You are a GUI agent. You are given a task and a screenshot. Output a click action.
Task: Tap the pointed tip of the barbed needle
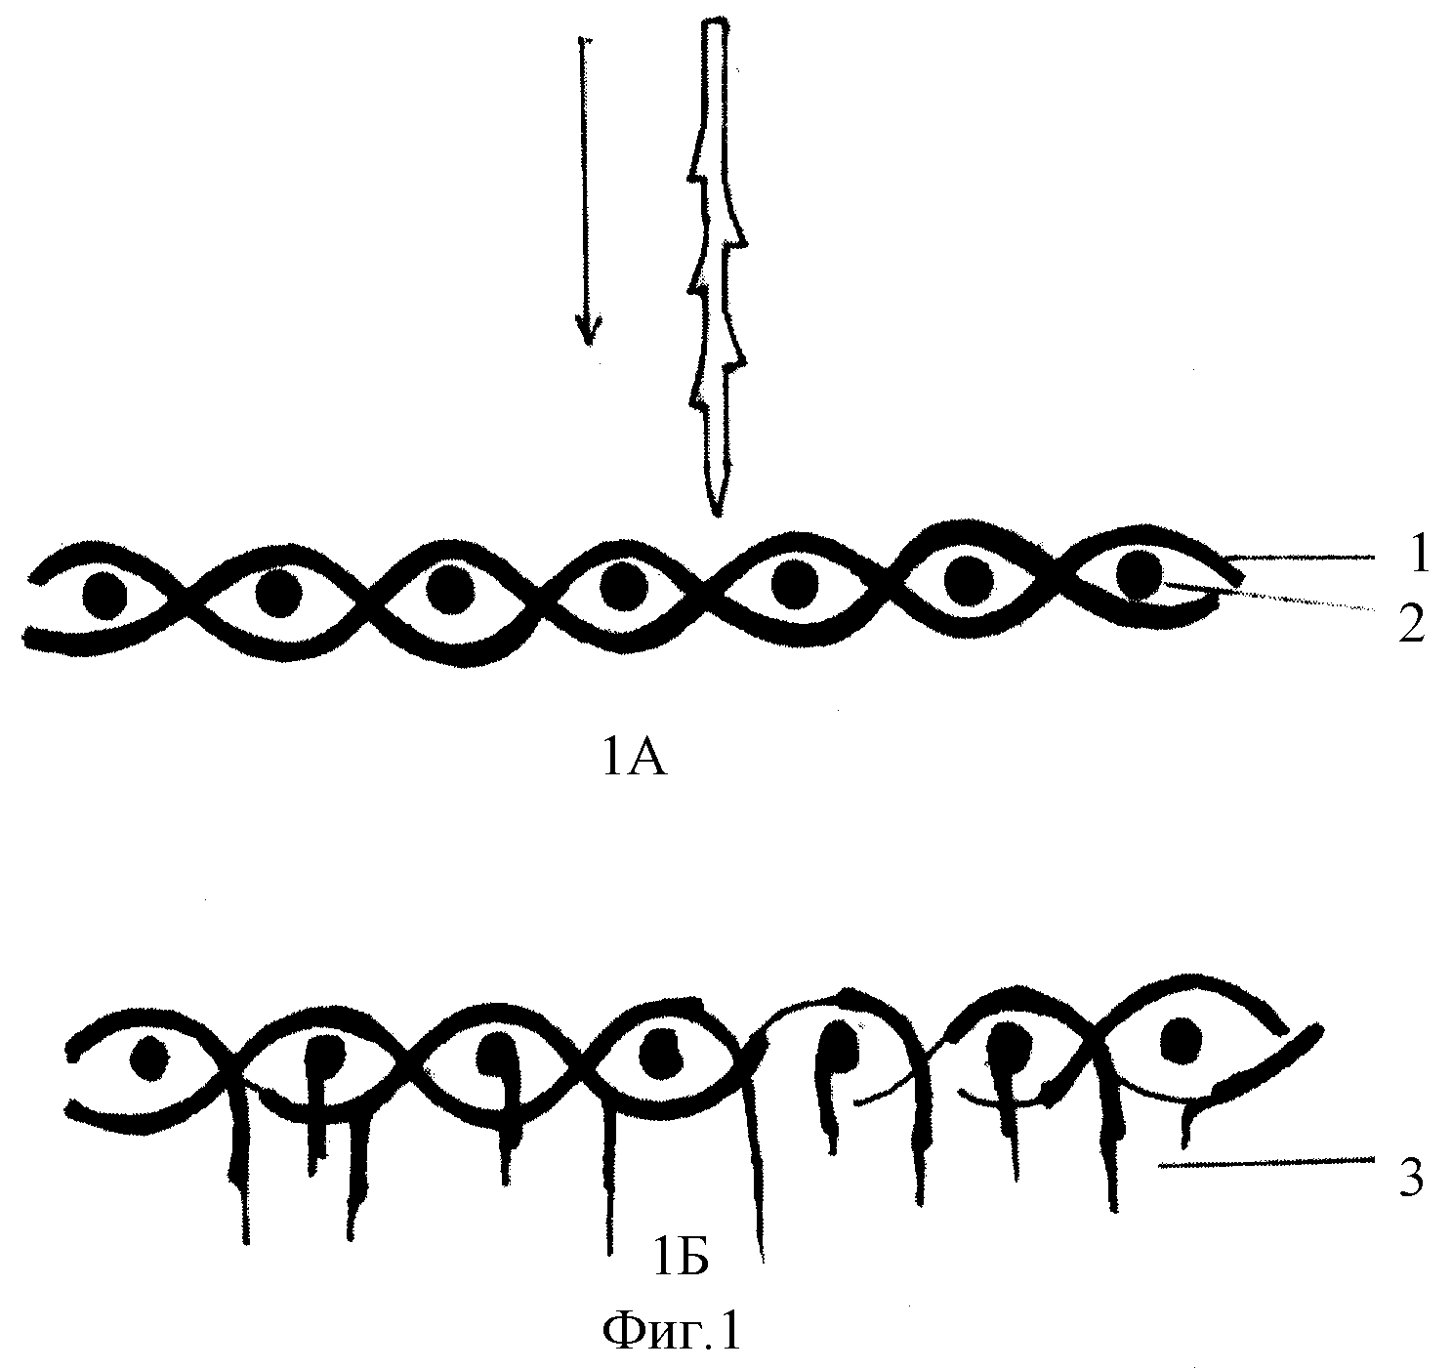pyautogui.click(x=717, y=515)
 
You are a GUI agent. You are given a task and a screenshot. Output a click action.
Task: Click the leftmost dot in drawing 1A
pyautogui.click(x=104, y=596)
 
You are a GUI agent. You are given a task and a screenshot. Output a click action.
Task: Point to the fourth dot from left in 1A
pyautogui.click(x=624, y=585)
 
